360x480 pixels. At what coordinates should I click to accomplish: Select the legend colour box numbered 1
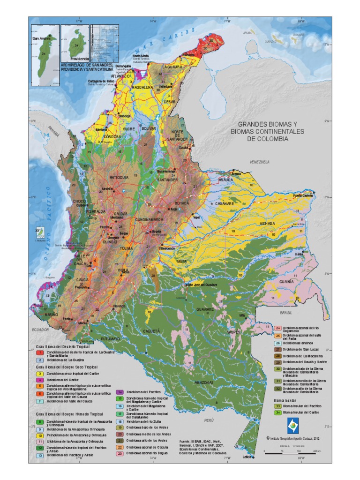tap(40, 352)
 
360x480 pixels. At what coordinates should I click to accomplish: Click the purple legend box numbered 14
tap(119, 391)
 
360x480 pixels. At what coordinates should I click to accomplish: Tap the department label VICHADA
tap(267, 224)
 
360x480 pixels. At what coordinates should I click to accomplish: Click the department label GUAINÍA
tap(286, 282)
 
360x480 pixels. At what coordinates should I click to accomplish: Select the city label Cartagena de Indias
tap(100, 81)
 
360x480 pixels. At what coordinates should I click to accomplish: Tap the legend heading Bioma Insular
tap(285, 400)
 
